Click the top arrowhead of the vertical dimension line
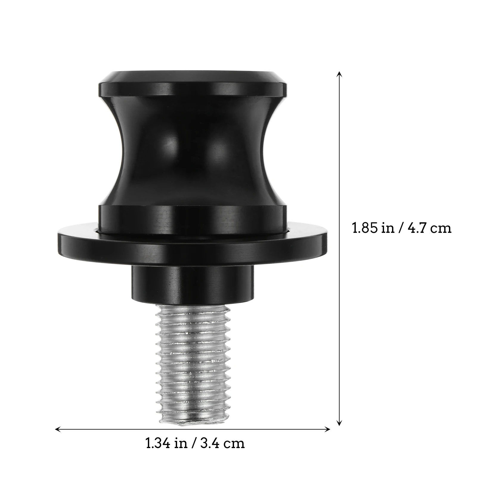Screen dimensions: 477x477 coord(339,73)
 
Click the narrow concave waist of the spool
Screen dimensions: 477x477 coord(192,149)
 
